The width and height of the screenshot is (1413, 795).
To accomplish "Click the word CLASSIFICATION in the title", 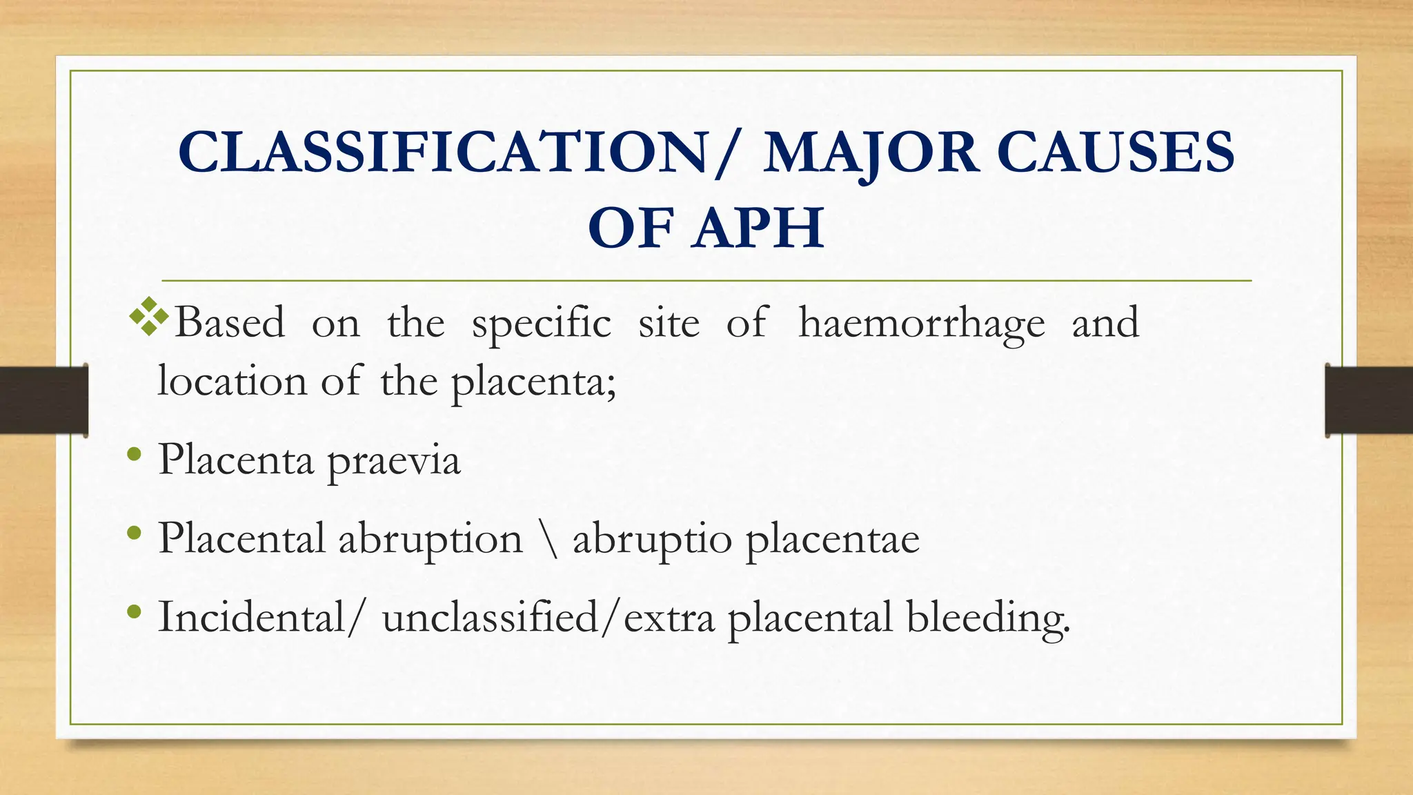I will [x=442, y=153].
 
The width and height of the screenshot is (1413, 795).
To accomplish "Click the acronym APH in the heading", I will [x=759, y=228].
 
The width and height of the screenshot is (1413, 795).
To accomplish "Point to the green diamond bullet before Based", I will [x=149, y=317].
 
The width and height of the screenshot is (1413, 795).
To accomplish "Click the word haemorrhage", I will [x=921, y=323].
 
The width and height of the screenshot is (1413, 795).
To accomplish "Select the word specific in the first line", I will [x=541, y=323].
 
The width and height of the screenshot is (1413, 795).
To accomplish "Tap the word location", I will [x=232, y=381].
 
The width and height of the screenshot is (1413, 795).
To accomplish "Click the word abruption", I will [x=430, y=538].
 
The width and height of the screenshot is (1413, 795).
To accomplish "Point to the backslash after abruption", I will [x=548, y=540].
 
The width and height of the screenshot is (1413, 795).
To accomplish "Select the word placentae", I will [x=833, y=540].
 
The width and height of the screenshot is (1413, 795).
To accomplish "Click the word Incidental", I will [x=251, y=616].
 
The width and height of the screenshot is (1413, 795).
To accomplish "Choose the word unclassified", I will [x=491, y=616].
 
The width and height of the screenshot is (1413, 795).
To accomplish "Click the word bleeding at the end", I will [x=987, y=618].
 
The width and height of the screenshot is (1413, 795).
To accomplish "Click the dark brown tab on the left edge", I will [x=43, y=400].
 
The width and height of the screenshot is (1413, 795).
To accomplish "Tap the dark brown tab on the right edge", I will [x=1369, y=400].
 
